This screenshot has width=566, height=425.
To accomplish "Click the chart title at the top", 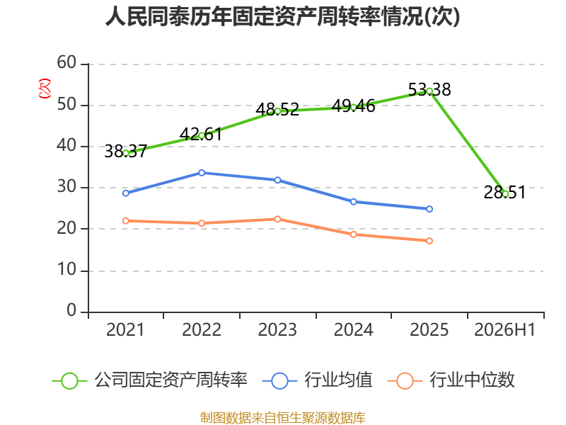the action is (x=282, y=16).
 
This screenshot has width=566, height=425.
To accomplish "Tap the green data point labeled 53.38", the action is (x=429, y=91).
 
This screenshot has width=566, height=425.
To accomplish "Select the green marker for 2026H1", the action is (x=505, y=194).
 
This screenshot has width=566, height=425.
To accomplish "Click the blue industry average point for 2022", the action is (x=202, y=173).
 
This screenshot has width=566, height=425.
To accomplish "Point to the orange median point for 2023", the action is (x=277, y=219).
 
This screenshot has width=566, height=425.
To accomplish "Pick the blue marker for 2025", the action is (x=429, y=209).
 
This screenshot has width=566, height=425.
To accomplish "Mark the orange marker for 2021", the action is (x=126, y=221).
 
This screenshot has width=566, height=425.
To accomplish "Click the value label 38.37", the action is (x=126, y=151).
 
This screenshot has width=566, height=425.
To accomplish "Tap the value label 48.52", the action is (x=277, y=109).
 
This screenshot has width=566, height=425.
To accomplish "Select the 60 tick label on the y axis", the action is (x=67, y=62).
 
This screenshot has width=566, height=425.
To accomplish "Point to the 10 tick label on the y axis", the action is (x=67, y=270).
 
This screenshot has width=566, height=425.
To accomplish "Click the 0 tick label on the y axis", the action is (x=71, y=310).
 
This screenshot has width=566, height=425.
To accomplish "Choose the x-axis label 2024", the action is (x=353, y=329).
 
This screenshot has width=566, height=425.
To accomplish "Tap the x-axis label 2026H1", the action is (x=504, y=329).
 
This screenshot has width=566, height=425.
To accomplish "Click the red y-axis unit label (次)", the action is (x=45, y=89).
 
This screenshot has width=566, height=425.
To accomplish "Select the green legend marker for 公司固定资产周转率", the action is (x=69, y=381).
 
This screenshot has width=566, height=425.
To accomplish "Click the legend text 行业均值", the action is (x=338, y=380).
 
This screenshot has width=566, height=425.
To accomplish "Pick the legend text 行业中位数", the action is (x=472, y=380).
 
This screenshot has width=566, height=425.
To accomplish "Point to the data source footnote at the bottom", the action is (x=282, y=418).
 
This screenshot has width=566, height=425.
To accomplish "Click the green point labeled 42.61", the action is (x=202, y=135).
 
